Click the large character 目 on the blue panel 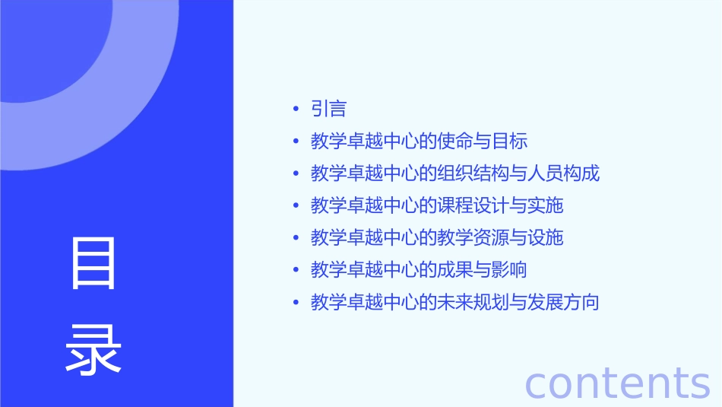click(93, 263)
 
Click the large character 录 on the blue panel click(93, 348)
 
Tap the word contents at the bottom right click(617, 383)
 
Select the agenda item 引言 click(328, 109)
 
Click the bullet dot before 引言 click(296, 110)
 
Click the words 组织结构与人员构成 click(518, 173)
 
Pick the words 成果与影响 click(482, 270)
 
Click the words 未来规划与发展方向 click(518, 302)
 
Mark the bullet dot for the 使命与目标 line click(296, 141)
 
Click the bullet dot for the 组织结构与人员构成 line click(296, 173)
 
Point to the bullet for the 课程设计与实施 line click(296, 206)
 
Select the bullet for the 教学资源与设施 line click(296, 238)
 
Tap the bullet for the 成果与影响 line click(296, 270)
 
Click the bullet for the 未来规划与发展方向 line click(296, 303)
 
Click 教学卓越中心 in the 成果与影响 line click(365, 270)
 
